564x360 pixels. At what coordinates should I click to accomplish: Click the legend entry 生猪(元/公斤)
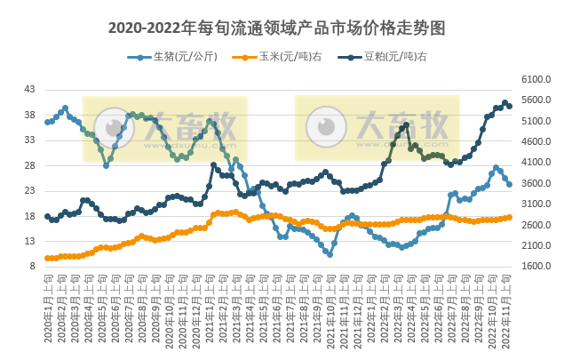(172, 57)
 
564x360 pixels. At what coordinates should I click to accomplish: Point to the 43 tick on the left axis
(29, 90)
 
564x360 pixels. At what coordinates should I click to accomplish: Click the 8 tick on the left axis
(32, 266)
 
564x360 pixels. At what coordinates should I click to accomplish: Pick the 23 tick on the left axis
(29, 190)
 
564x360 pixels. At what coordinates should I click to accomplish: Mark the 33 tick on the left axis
(29, 140)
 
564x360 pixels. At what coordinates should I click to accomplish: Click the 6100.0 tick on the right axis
(532, 79)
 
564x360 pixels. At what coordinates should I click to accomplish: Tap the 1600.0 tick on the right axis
(532, 266)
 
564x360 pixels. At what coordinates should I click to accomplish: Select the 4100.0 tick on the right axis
(532, 162)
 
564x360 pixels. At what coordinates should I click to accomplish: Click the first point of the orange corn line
(47, 258)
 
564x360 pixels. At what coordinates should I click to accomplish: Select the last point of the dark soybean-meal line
(509, 107)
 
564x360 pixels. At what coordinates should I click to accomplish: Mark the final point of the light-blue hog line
(509, 184)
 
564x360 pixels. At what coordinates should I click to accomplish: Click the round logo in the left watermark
(114, 125)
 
